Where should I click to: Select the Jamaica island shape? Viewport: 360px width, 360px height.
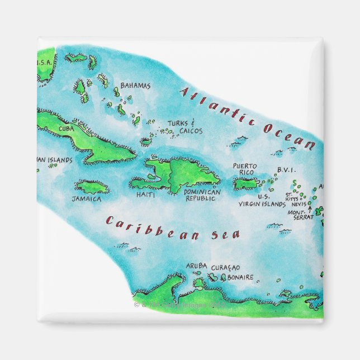[92, 186]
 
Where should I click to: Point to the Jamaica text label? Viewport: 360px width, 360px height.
[87, 198]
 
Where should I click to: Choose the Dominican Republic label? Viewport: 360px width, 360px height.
[202, 195]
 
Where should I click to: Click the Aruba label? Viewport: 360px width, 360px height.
[196, 266]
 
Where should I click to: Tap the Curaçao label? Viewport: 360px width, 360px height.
[222, 266]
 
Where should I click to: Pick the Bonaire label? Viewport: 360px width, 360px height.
[241, 277]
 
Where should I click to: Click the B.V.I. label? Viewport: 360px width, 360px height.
[286, 170]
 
